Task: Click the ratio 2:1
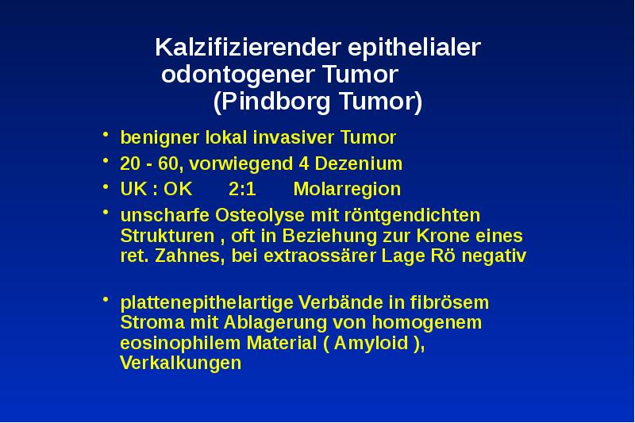[242, 190]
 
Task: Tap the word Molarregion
[347, 190]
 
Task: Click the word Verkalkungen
[180, 364]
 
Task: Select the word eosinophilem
[180, 344]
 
